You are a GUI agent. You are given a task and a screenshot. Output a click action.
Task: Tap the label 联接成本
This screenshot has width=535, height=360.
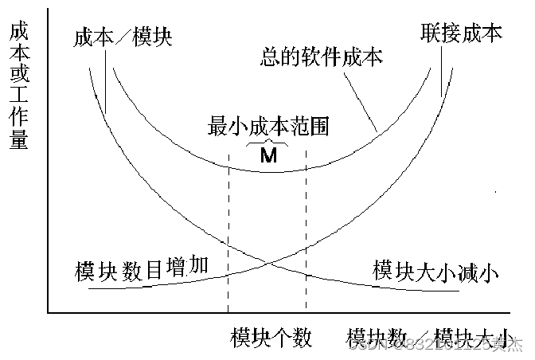462,33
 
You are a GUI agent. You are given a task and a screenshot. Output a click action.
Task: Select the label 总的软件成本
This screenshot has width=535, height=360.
322,57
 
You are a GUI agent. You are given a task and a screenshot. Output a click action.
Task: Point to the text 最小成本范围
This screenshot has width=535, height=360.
268,127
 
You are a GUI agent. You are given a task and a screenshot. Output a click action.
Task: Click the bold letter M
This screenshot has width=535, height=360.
268,155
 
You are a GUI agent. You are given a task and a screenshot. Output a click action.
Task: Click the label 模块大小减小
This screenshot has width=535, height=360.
435,271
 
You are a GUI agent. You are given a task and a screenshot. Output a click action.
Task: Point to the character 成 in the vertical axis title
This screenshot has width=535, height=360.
18,34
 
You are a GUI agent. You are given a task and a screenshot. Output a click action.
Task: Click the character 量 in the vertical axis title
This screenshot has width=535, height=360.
18,141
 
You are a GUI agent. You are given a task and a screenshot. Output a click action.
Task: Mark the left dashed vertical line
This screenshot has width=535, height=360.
228,239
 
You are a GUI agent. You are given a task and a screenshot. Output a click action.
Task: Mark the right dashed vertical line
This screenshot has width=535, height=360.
306,239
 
